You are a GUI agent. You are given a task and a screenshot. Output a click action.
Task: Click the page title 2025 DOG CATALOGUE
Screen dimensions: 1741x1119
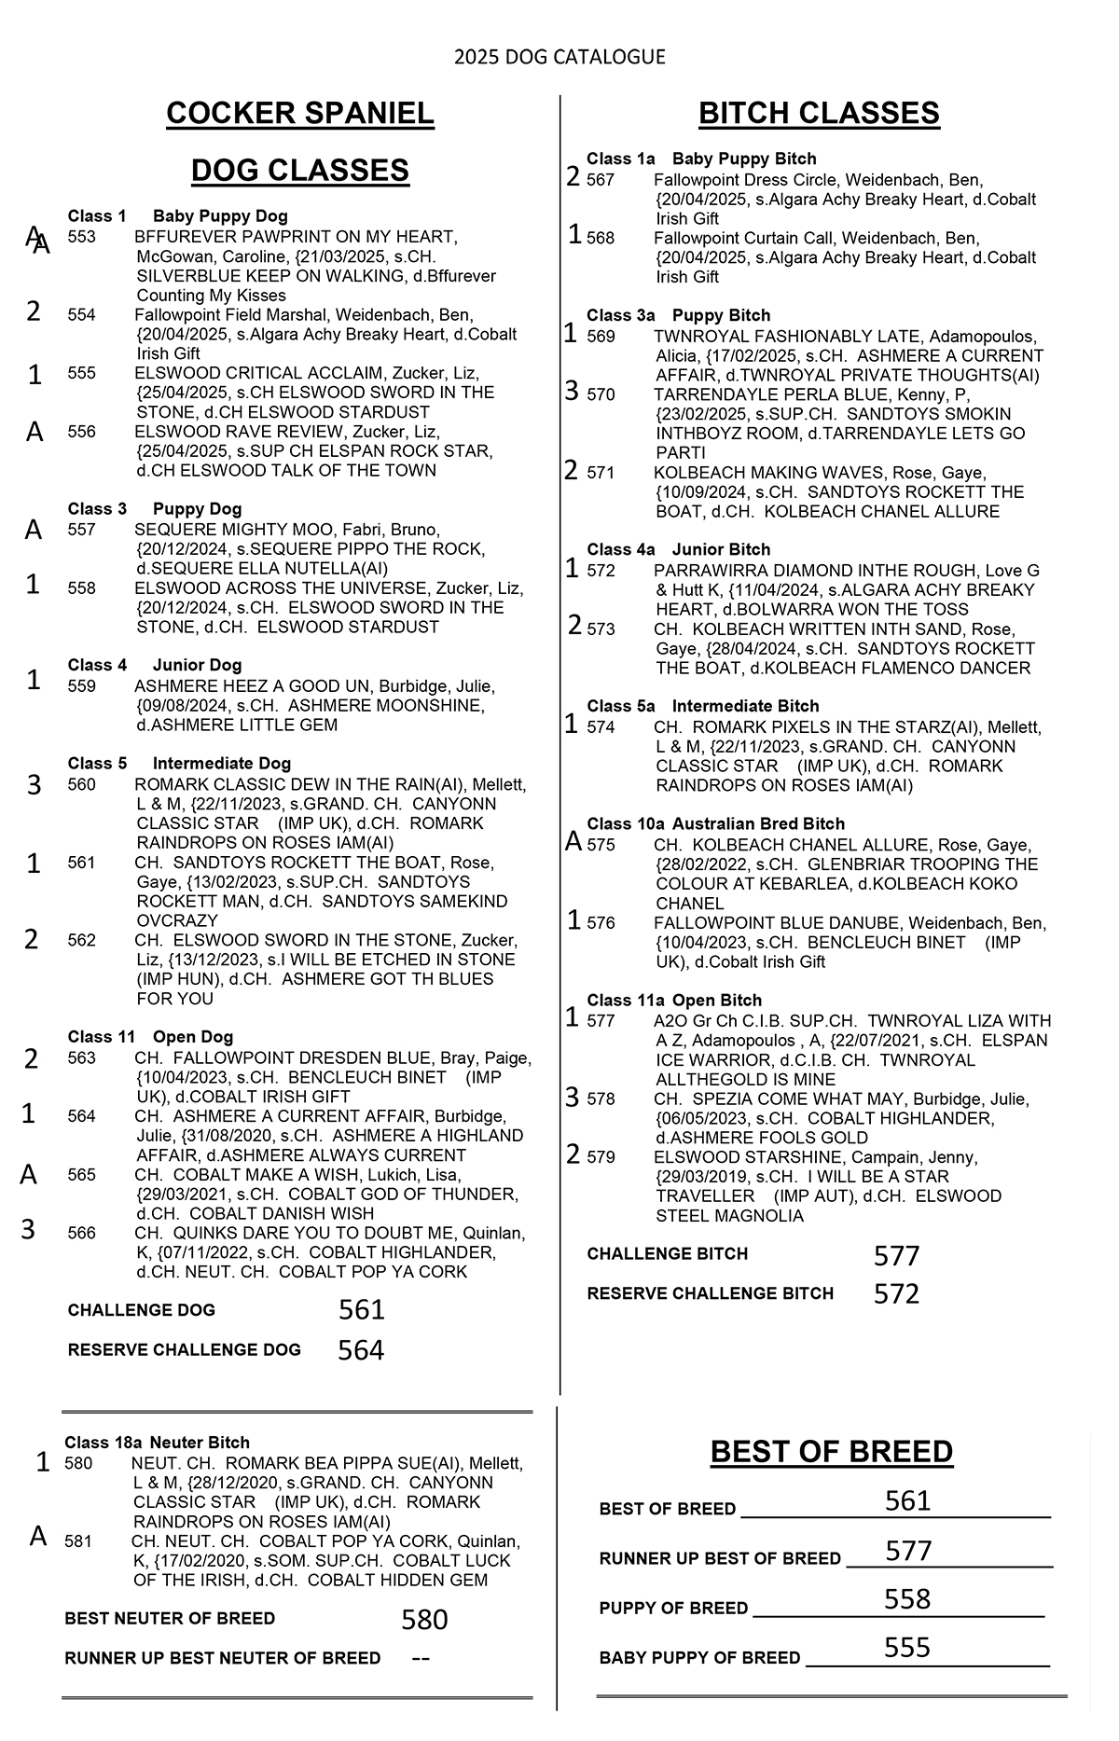tap(559, 58)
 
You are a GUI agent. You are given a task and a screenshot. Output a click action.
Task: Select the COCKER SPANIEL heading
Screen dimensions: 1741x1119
tap(300, 114)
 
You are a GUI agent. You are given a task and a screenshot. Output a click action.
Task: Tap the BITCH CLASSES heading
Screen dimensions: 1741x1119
tap(819, 113)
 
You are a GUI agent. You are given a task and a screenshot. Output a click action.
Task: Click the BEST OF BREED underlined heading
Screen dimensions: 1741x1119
tap(832, 1452)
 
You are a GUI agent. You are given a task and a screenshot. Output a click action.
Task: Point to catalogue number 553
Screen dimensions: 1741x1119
tap(82, 237)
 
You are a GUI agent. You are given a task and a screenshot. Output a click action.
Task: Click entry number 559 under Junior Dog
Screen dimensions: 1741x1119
tap(82, 686)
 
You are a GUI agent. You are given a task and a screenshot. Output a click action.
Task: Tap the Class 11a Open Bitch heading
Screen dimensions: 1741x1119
tap(674, 1001)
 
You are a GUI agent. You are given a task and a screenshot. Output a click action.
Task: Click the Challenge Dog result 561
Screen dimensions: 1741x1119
tap(362, 1310)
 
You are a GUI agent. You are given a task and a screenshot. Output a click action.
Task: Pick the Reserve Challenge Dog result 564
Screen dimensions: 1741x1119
tap(361, 1350)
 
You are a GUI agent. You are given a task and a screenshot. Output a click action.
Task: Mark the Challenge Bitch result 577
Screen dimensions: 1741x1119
tap(897, 1256)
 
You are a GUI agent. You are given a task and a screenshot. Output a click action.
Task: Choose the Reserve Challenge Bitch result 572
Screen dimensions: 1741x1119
tap(897, 1294)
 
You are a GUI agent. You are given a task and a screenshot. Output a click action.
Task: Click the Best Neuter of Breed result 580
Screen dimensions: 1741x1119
tap(424, 1620)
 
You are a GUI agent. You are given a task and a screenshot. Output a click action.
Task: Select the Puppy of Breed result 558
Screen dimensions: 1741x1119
tap(907, 1599)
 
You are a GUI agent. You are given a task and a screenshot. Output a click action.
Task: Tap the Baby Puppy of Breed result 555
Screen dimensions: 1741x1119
tap(907, 1648)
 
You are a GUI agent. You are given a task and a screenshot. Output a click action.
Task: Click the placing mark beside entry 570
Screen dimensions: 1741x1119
tap(573, 392)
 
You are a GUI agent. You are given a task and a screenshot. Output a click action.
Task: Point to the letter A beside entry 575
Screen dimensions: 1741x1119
tap(574, 842)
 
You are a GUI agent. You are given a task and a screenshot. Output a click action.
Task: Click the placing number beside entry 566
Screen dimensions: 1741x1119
tap(29, 1230)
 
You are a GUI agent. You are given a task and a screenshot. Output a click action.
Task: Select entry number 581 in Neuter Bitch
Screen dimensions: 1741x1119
tap(79, 1541)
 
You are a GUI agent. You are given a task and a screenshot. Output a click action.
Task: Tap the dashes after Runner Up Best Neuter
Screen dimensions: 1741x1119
tap(421, 1658)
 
